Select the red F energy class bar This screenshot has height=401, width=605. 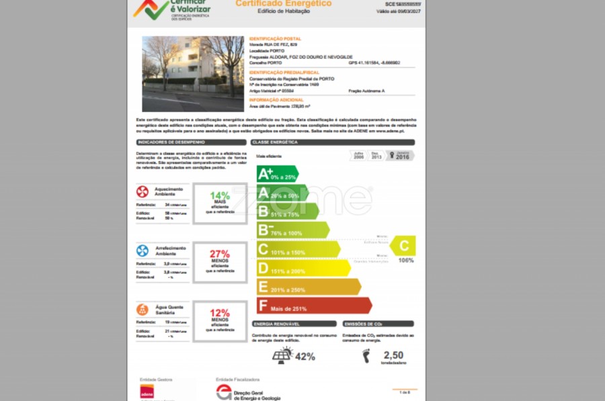pyautogui.click(x=313, y=306)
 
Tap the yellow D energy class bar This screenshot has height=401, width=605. pyautogui.click(x=302, y=268)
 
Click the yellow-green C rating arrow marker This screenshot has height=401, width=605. pyautogui.click(x=405, y=247)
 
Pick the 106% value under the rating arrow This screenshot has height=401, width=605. pyautogui.click(x=406, y=260)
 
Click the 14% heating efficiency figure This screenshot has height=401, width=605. pyautogui.click(x=220, y=195)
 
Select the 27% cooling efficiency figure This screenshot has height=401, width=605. pyautogui.click(x=220, y=254)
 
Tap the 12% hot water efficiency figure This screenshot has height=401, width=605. pyautogui.click(x=220, y=313)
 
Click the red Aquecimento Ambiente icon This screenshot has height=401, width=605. pyautogui.click(x=143, y=191)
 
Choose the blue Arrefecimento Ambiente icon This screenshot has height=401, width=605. pyautogui.click(x=143, y=251)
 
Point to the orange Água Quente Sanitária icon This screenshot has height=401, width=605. pyautogui.click(x=143, y=310)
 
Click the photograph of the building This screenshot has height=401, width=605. pyautogui.click(x=193, y=74)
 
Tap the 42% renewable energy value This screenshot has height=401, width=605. pyautogui.click(x=305, y=357)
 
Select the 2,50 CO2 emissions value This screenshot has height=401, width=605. pyautogui.click(x=393, y=355)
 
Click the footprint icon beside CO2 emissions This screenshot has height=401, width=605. pyautogui.click(x=366, y=356)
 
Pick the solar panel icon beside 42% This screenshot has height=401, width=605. pyautogui.click(x=282, y=356)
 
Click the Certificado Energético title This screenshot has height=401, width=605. pyautogui.click(x=283, y=3)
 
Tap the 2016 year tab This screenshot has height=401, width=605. pyautogui.click(x=402, y=156)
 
